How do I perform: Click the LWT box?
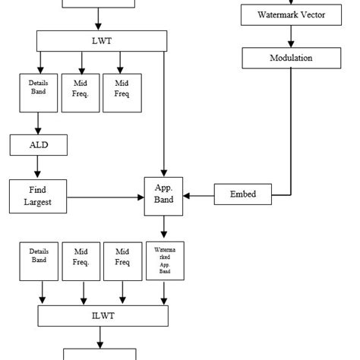point(102,41)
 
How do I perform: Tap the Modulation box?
point(289,58)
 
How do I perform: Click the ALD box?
point(39,144)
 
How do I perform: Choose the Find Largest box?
point(39,195)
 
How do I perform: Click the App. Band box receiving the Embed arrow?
point(164,195)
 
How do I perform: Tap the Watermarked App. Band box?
point(164,261)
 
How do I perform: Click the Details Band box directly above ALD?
point(38,91)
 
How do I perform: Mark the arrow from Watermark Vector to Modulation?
point(289,36)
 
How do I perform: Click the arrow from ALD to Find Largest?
point(39,166)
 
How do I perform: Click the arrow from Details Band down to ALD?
point(39,123)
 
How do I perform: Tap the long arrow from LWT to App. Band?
point(164,114)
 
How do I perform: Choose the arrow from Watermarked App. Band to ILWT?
point(164,292)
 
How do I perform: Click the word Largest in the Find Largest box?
point(39,202)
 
